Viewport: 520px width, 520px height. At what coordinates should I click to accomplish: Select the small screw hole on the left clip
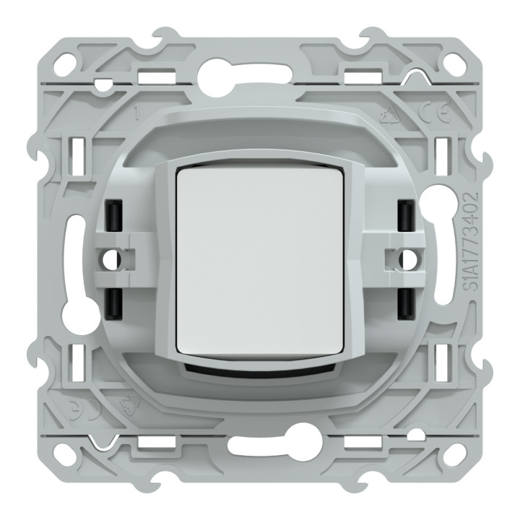point(111,256)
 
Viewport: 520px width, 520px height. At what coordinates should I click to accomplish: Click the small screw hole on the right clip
point(409,256)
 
